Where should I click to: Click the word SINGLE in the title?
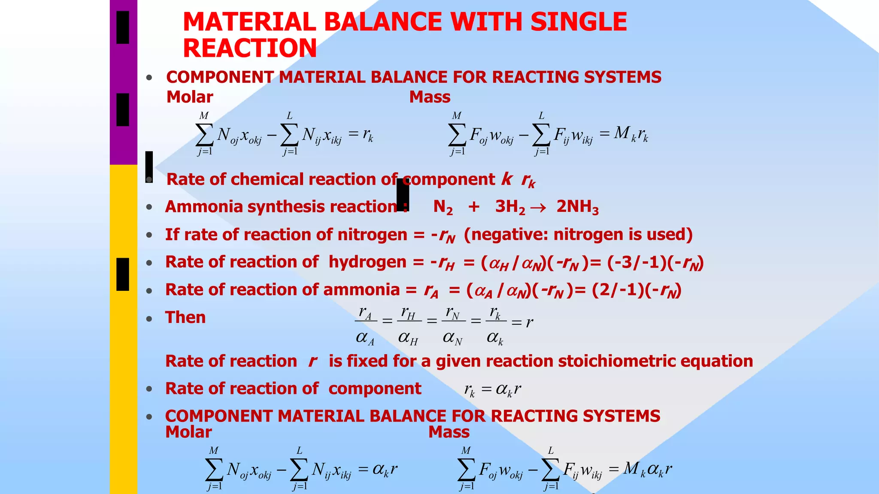(579, 22)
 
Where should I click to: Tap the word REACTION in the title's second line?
(250, 48)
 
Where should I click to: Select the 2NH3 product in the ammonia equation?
(577, 207)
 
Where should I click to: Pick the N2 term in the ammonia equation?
(443, 207)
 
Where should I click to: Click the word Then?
(185, 318)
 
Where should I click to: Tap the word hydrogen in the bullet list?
(367, 262)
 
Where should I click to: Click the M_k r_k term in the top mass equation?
(630, 134)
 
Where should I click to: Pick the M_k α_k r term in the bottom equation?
(648, 469)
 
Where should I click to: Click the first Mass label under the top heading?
(430, 97)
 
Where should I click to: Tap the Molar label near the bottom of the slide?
(188, 432)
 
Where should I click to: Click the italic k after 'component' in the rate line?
(507, 179)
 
